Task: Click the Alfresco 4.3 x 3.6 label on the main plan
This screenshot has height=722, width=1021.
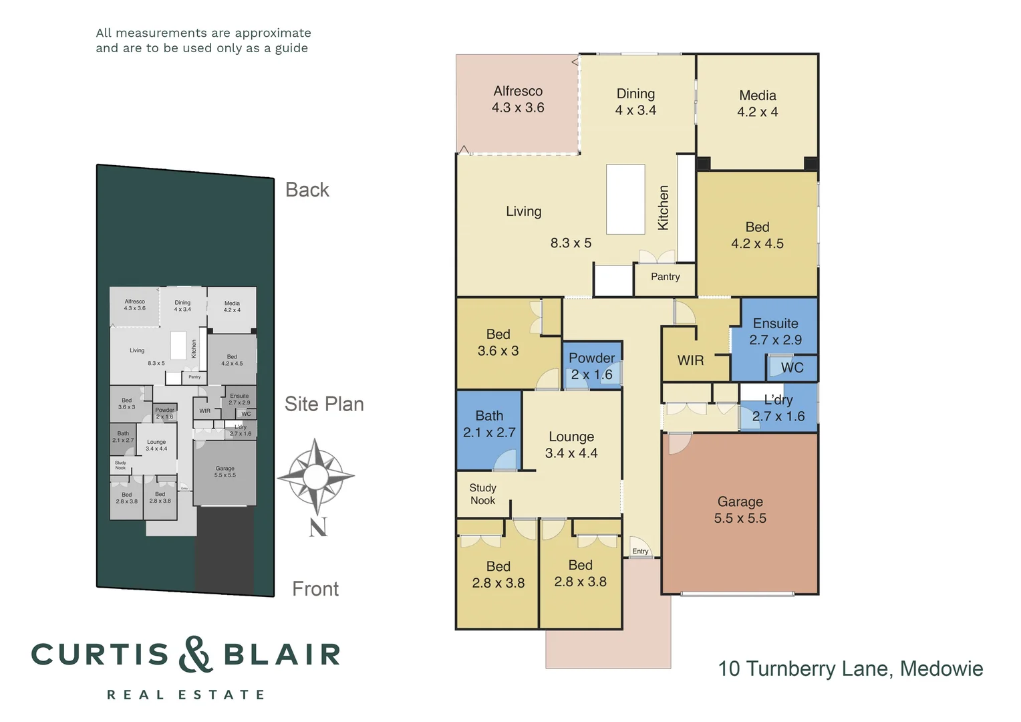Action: (x=518, y=100)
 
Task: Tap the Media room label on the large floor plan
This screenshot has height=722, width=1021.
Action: (x=757, y=104)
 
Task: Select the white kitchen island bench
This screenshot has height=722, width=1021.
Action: (x=625, y=199)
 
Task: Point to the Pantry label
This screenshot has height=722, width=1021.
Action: (x=665, y=277)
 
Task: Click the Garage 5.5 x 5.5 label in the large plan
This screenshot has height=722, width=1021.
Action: (x=740, y=510)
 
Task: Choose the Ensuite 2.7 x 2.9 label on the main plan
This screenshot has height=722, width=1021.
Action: (x=775, y=332)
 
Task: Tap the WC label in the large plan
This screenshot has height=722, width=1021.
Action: (x=792, y=368)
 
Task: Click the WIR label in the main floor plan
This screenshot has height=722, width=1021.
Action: (x=690, y=360)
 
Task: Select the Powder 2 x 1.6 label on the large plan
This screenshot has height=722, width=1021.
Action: (x=591, y=366)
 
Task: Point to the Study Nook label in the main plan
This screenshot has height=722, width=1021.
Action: (x=482, y=494)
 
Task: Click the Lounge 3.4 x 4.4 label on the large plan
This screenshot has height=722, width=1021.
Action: (x=571, y=445)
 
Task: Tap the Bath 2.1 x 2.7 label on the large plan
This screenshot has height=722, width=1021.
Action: (x=489, y=425)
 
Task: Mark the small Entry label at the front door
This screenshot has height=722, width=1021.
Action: (x=640, y=552)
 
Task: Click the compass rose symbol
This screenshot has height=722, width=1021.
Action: (x=315, y=477)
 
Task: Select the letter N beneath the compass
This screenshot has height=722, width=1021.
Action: (x=318, y=527)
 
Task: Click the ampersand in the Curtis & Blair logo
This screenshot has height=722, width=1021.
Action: (x=196, y=654)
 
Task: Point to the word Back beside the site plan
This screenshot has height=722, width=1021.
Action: (x=307, y=190)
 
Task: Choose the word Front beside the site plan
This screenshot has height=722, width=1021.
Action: (x=315, y=589)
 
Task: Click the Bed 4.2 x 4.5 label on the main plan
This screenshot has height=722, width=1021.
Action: (x=757, y=235)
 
